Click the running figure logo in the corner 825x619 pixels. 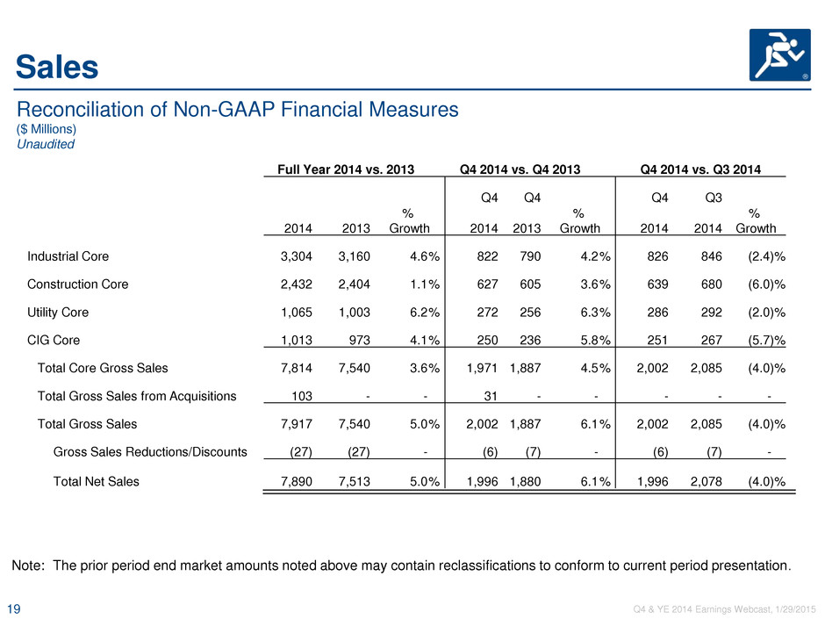(x=779, y=54)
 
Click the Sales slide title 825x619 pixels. (x=57, y=67)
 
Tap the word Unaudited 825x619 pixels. (x=46, y=144)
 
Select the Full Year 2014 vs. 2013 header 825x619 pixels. (x=346, y=169)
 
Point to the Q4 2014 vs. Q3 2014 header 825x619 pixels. (x=700, y=169)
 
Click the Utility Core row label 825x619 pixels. (x=58, y=312)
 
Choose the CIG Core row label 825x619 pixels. (x=54, y=340)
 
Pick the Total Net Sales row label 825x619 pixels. (x=97, y=482)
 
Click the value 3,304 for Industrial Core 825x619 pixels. (x=297, y=256)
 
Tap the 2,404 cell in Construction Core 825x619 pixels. (x=354, y=284)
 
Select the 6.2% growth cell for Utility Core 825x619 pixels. (x=425, y=312)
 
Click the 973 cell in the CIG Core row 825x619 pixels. (x=360, y=340)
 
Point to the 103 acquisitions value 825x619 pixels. (x=302, y=396)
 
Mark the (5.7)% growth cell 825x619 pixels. (x=766, y=340)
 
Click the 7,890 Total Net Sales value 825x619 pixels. (x=297, y=482)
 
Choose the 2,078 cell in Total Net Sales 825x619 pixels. (x=707, y=482)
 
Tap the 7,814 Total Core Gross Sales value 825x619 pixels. (x=297, y=368)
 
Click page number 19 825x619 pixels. (x=14, y=609)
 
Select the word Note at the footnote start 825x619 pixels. (x=28, y=565)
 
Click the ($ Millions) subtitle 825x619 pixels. (x=47, y=129)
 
